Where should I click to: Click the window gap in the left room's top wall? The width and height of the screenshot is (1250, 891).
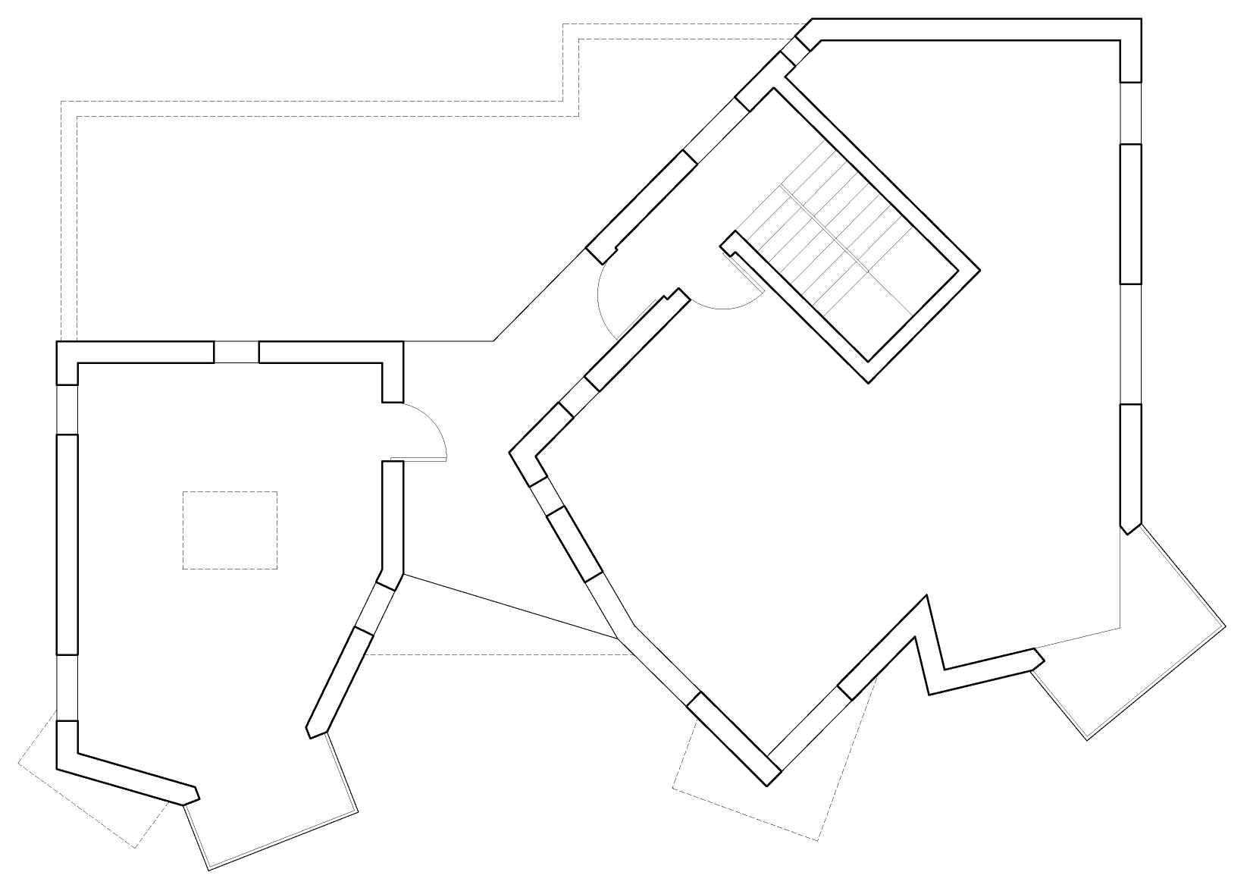pos(237,353)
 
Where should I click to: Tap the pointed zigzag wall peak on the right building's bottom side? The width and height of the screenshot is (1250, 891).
pos(926,599)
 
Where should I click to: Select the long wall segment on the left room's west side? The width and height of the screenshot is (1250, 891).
pos(67,544)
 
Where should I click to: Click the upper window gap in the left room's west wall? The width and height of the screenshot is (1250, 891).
pos(67,409)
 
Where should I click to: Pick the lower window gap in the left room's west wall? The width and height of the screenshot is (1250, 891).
pos(67,687)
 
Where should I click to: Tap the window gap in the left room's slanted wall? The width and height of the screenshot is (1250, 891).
pos(374,607)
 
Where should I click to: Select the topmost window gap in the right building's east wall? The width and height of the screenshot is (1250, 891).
pos(1130,112)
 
